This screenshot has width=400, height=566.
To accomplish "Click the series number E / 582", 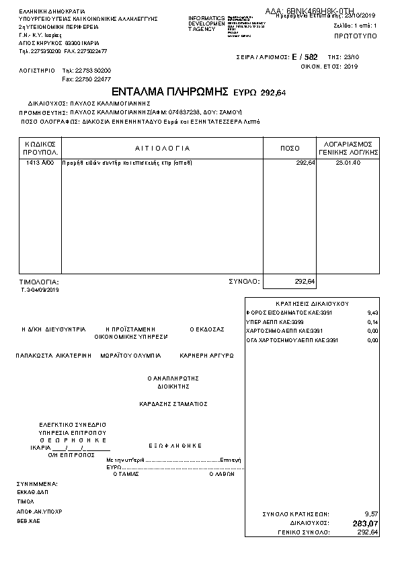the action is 305,57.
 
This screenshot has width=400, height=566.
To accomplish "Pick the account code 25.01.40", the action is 348,163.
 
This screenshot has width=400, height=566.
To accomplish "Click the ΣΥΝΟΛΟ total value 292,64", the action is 305,282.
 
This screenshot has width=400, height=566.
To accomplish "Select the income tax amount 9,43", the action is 373,313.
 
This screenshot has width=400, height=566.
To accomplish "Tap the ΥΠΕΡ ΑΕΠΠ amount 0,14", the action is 373,322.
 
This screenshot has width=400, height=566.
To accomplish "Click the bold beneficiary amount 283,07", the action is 365,523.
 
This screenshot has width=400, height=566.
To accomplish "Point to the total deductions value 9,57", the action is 371,514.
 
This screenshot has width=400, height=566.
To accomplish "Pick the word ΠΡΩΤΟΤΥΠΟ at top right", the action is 356,34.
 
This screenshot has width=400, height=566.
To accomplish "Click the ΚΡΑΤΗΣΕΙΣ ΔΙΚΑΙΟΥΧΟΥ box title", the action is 312,303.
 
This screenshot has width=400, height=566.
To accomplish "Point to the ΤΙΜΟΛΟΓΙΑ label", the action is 39,282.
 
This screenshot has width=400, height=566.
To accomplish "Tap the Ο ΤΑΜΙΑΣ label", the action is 126,473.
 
